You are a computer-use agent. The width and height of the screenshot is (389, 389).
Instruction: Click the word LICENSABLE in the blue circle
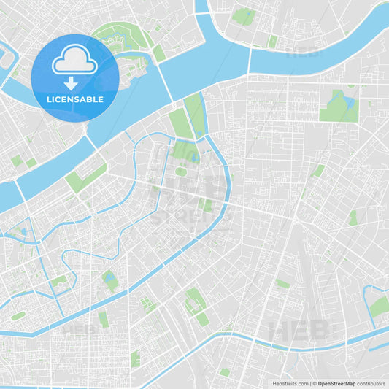click(x=74, y=99)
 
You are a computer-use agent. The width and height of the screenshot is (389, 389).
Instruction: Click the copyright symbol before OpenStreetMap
click(x=314, y=382)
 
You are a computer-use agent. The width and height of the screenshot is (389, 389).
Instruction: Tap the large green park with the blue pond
click(x=339, y=107)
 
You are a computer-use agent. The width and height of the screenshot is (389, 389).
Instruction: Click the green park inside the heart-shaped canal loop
click(x=379, y=307)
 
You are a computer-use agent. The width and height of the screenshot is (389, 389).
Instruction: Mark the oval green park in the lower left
click(x=18, y=316)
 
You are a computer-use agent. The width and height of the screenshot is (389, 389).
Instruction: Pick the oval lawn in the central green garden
click(x=180, y=172)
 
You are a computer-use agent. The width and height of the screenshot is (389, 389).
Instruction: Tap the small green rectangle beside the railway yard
click(x=282, y=284)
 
